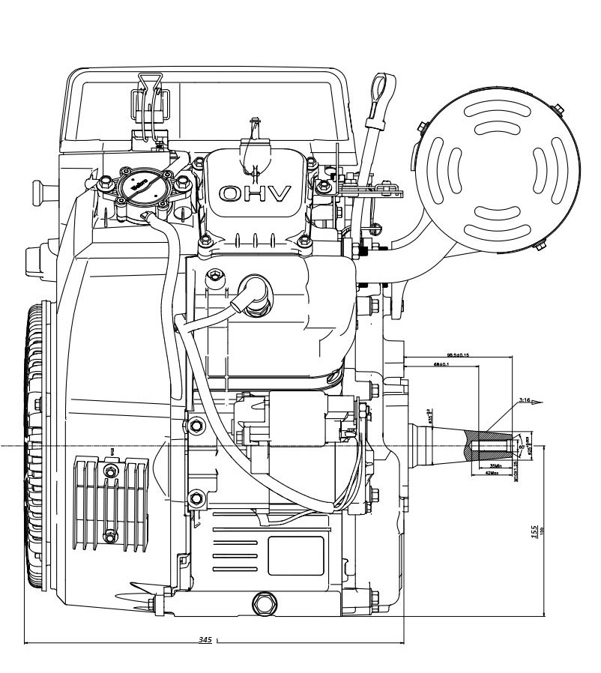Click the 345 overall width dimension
(x=205, y=640)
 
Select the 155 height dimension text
(x=534, y=531)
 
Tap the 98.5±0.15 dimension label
(x=458, y=354)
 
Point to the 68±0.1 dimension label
(x=441, y=364)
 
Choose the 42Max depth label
(x=492, y=474)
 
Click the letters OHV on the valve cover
(x=254, y=194)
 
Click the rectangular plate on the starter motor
(x=295, y=555)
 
